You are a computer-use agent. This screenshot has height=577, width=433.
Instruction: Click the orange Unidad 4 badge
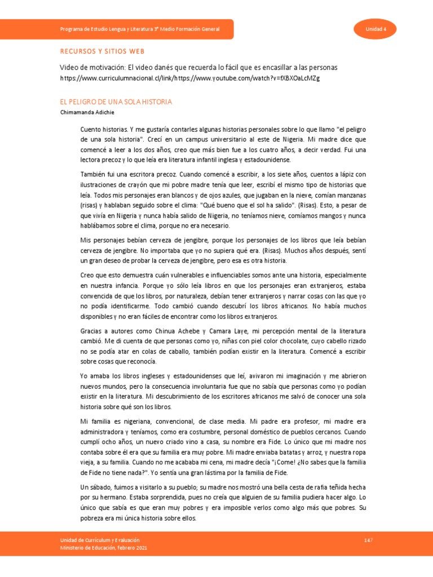374,29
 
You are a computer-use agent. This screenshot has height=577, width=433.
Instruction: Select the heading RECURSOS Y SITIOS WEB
103,51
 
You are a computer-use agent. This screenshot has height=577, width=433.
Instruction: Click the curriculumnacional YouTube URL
189,78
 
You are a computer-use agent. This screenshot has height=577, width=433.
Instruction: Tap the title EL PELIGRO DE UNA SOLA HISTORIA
116,102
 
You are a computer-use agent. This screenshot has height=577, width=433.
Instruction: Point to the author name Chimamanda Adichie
86,112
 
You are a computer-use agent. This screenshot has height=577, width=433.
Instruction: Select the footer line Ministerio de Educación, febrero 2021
104,548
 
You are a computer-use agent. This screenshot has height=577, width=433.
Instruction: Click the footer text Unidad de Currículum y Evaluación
100,540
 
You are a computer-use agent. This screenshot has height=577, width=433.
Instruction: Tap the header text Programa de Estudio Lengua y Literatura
140,29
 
